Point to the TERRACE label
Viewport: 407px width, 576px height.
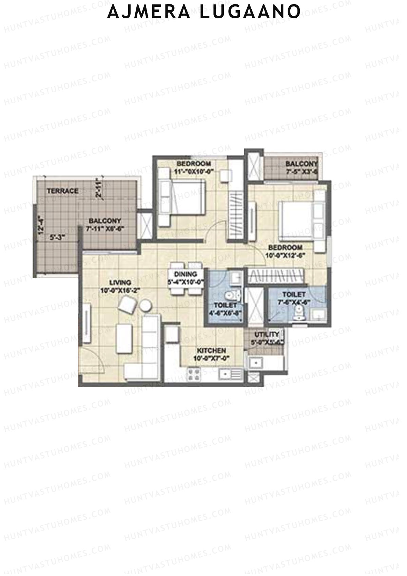coord(62,191)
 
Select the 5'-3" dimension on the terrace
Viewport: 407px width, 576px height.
coord(57,238)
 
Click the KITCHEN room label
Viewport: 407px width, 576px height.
coord(209,351)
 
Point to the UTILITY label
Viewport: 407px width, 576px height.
coord(267,334)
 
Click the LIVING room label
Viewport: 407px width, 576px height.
coord(120,282)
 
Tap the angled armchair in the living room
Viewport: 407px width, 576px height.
coord(128,304)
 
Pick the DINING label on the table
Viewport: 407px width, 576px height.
coord(186,274)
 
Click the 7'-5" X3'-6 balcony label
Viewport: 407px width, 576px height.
coord(301,167)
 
